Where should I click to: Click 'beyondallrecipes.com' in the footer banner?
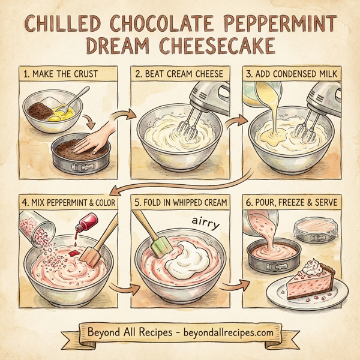227,331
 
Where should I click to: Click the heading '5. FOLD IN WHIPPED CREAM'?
180,203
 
